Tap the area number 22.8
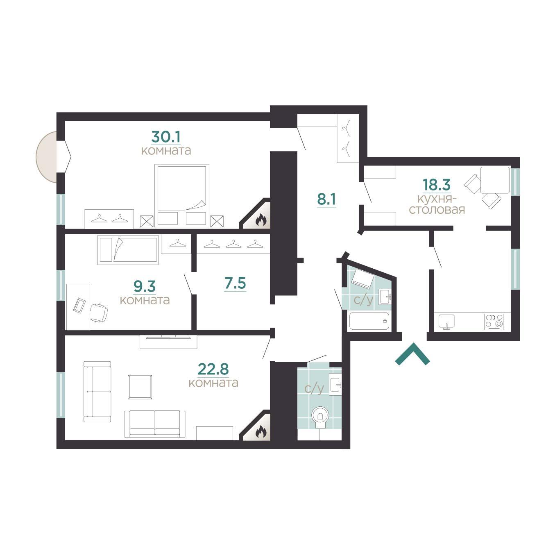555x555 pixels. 213,369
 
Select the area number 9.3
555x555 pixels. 145,286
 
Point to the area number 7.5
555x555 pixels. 235,283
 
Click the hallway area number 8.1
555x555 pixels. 326,199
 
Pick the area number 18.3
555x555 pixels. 437,185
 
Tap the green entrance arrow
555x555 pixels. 412,354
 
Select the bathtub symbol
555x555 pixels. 369,321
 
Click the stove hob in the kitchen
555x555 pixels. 494,322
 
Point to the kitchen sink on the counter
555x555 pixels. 446,322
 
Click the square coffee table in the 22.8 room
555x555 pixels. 140,387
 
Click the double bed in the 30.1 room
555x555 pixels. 182,195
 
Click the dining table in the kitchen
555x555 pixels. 494,180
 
